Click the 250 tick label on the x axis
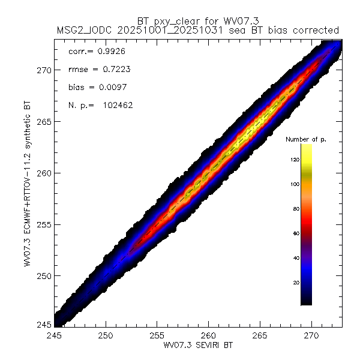(x=106, y=334)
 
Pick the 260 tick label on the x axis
(x=209, y=334)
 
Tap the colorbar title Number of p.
(x=305, y=139)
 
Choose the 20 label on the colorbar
(x=295, y=282)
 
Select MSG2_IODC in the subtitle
(x=81, y=29)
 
